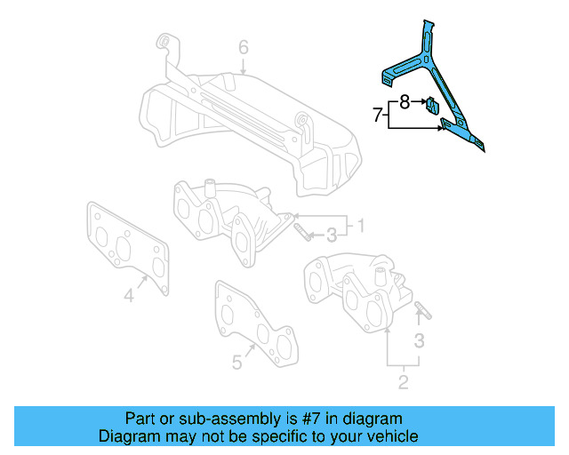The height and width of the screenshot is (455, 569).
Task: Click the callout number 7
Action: pos(378,115)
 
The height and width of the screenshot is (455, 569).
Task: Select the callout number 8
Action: pos(405,102)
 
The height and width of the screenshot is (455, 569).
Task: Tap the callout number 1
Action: pos(361,225)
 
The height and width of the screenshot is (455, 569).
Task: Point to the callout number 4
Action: pos(129,295)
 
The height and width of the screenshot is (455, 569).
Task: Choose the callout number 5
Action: pos(237,362)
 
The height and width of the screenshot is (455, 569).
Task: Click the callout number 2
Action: pos(403,383)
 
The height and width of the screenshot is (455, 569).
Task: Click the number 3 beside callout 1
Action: pos(331,235)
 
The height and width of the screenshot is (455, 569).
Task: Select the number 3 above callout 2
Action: pos(420,339)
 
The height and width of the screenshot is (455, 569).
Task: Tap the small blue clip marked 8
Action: pos(432,106)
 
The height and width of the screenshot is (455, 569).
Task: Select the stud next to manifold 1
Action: pos(302,233)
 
